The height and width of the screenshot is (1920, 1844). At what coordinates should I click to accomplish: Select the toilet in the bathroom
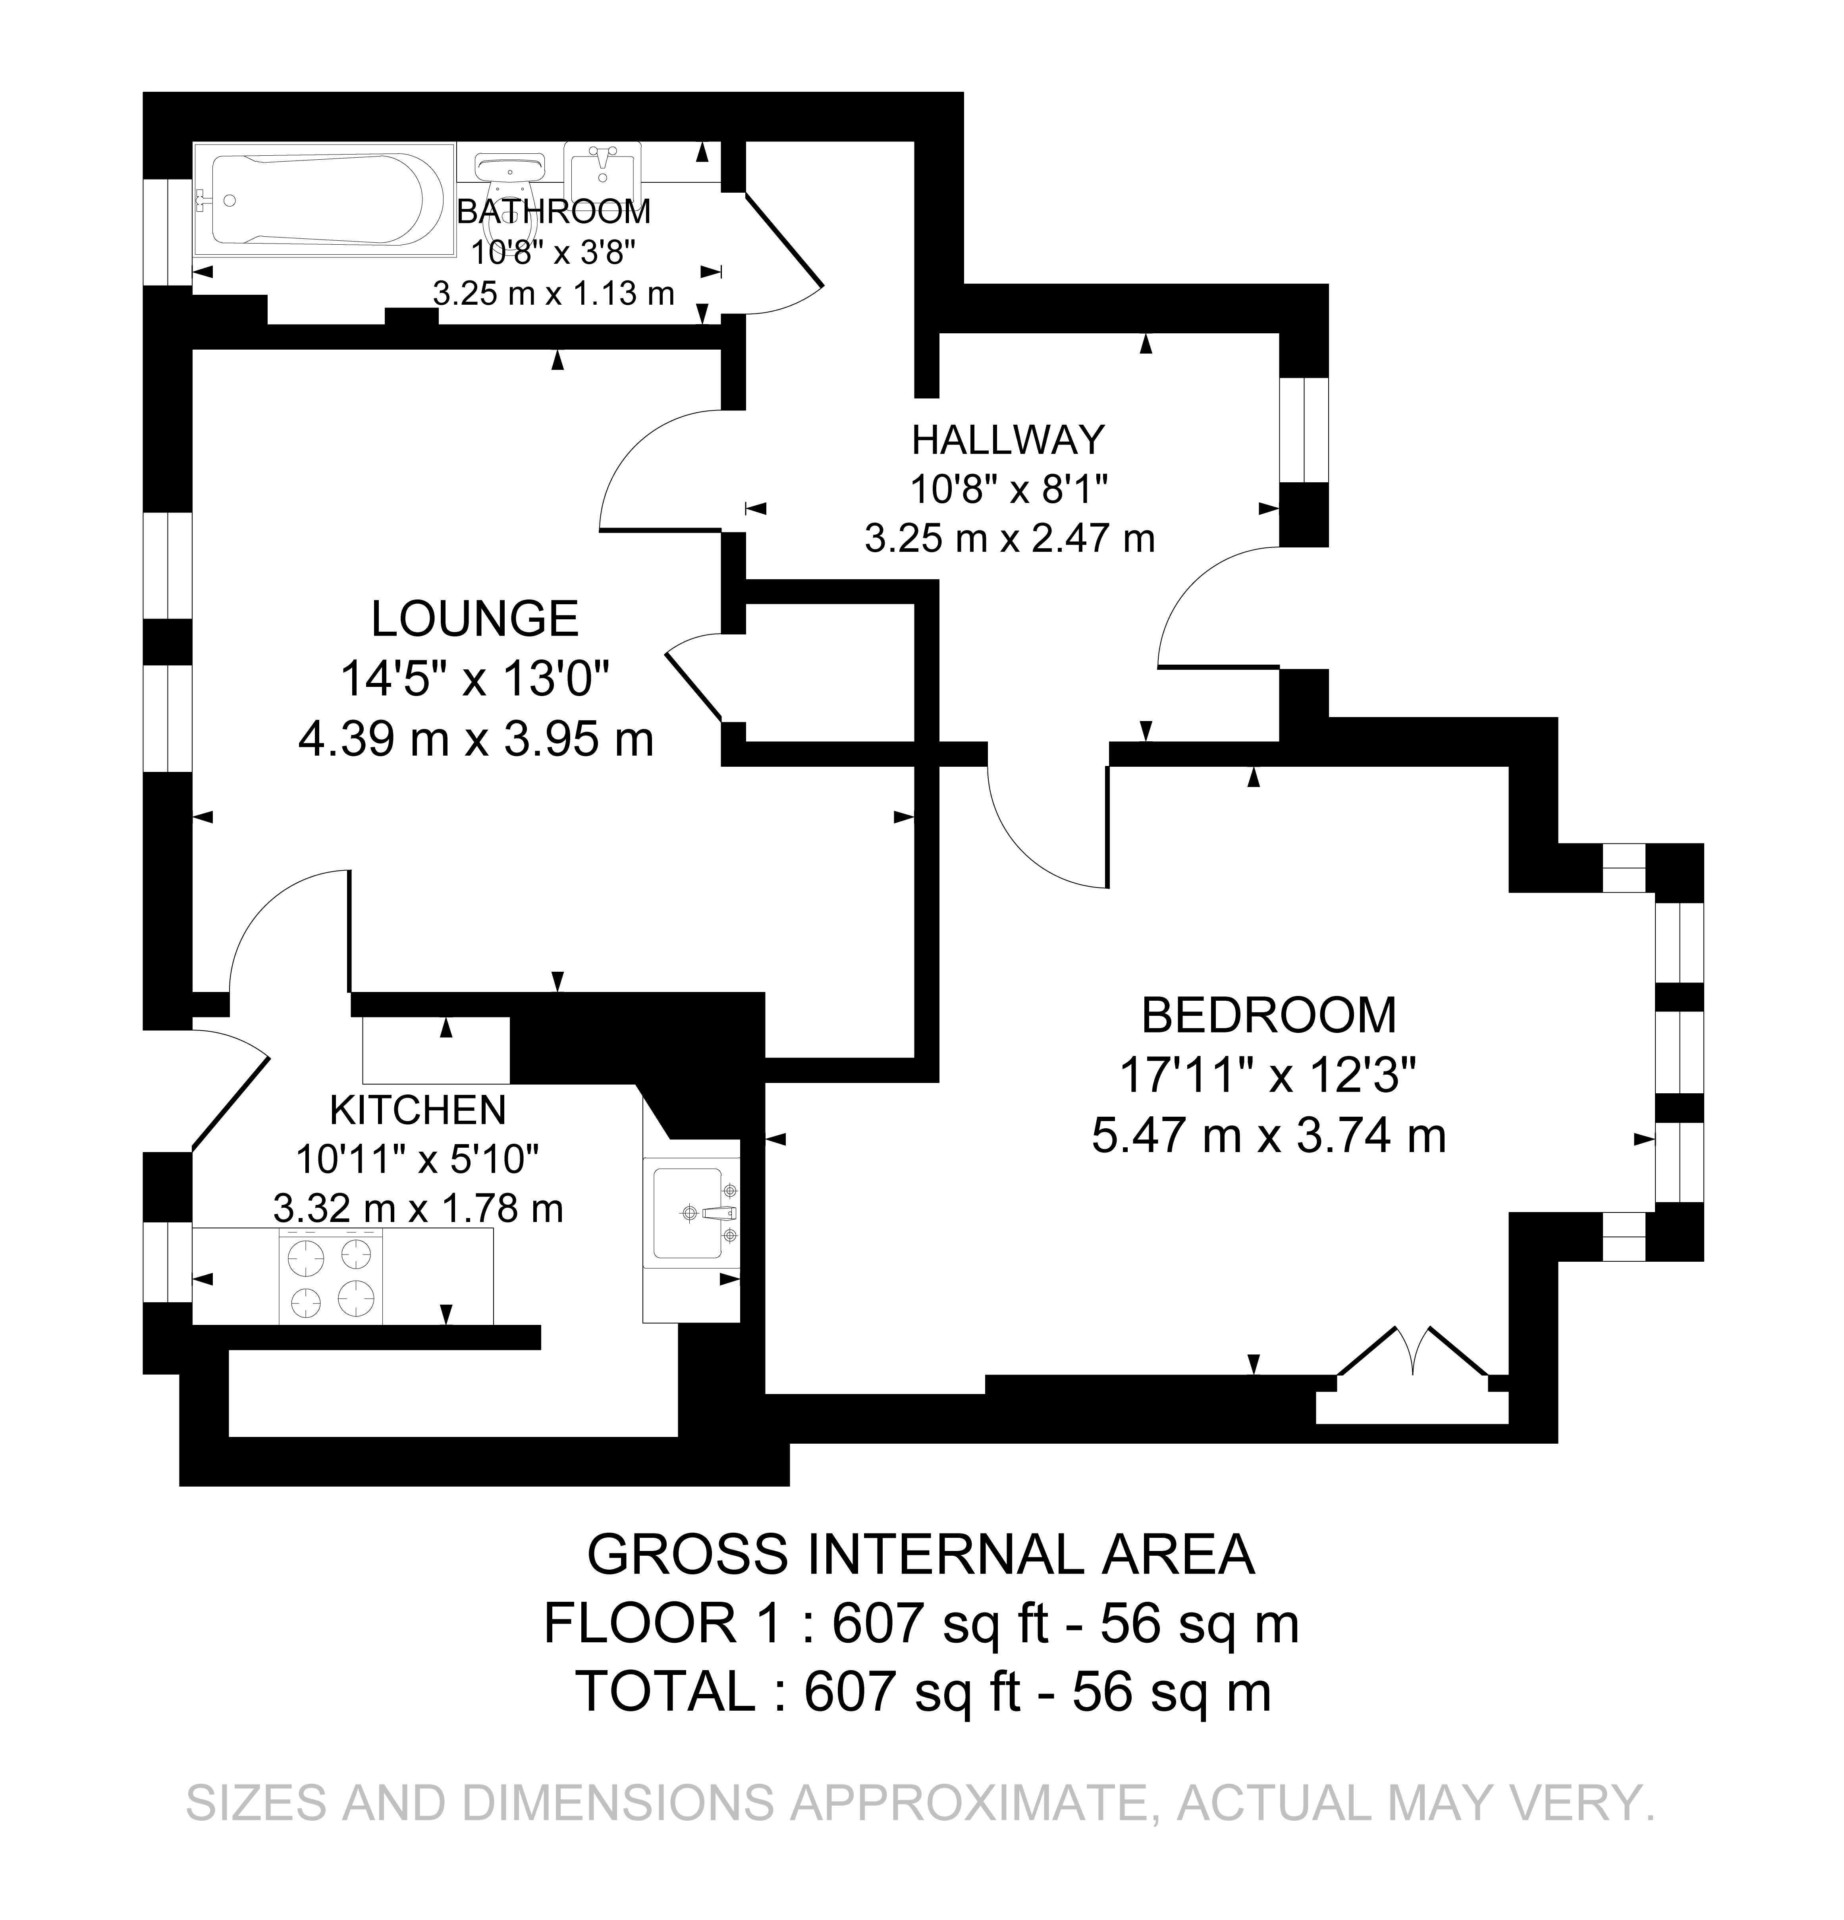tap(509, 176)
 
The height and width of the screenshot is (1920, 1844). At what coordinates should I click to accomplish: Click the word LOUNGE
tap(475, 619)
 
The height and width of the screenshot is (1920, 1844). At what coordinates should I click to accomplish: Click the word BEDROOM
tap(1268, 1016)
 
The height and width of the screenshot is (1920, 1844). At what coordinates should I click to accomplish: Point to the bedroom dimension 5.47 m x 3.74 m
tap(1268, 1136)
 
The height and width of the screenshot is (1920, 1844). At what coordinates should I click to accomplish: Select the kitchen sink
tap(691, 1212)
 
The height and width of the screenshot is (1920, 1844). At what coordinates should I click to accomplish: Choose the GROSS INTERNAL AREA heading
tap(920, 1555)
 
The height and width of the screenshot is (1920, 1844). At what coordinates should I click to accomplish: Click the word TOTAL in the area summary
tap(666, 1692)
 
